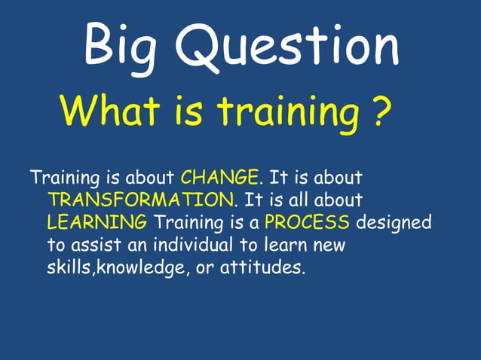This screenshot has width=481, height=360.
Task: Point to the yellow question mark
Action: [382, 111]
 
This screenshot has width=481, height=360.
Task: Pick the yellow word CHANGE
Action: [220, 178]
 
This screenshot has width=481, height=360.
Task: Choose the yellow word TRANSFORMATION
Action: [141, 200]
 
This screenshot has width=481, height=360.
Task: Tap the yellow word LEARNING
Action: [97, 223]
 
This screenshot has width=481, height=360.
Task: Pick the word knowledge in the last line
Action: [141, 268]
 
